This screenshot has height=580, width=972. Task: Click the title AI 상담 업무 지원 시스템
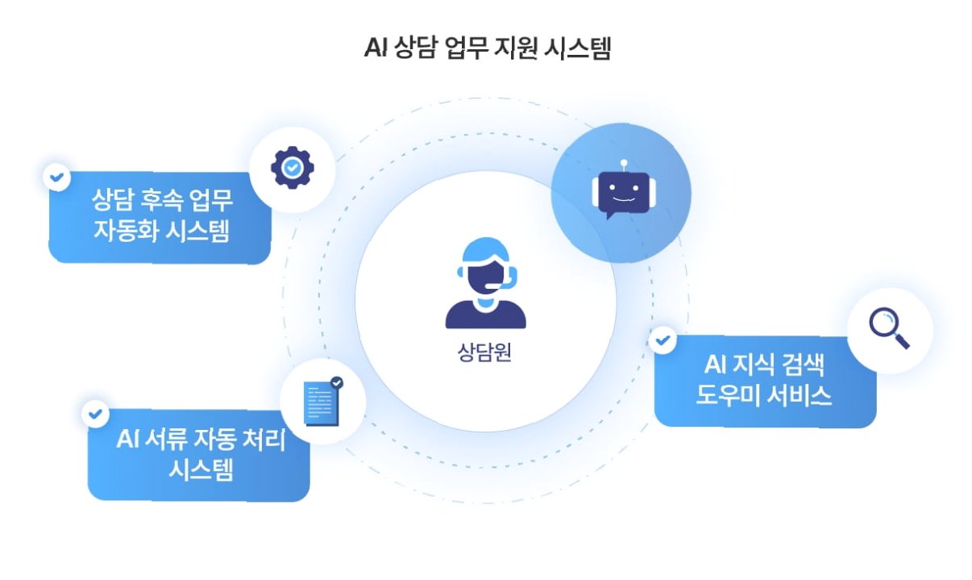coord(486,49)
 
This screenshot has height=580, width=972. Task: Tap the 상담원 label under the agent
coord(485,353)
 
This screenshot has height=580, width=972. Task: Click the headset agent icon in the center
coord(485,282)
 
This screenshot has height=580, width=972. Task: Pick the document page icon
coord(321,403)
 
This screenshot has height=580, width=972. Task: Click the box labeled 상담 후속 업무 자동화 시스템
coord(160,216)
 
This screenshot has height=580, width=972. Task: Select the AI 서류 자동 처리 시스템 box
coord(199,454)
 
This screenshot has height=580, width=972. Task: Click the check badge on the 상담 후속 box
coord(56,176)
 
